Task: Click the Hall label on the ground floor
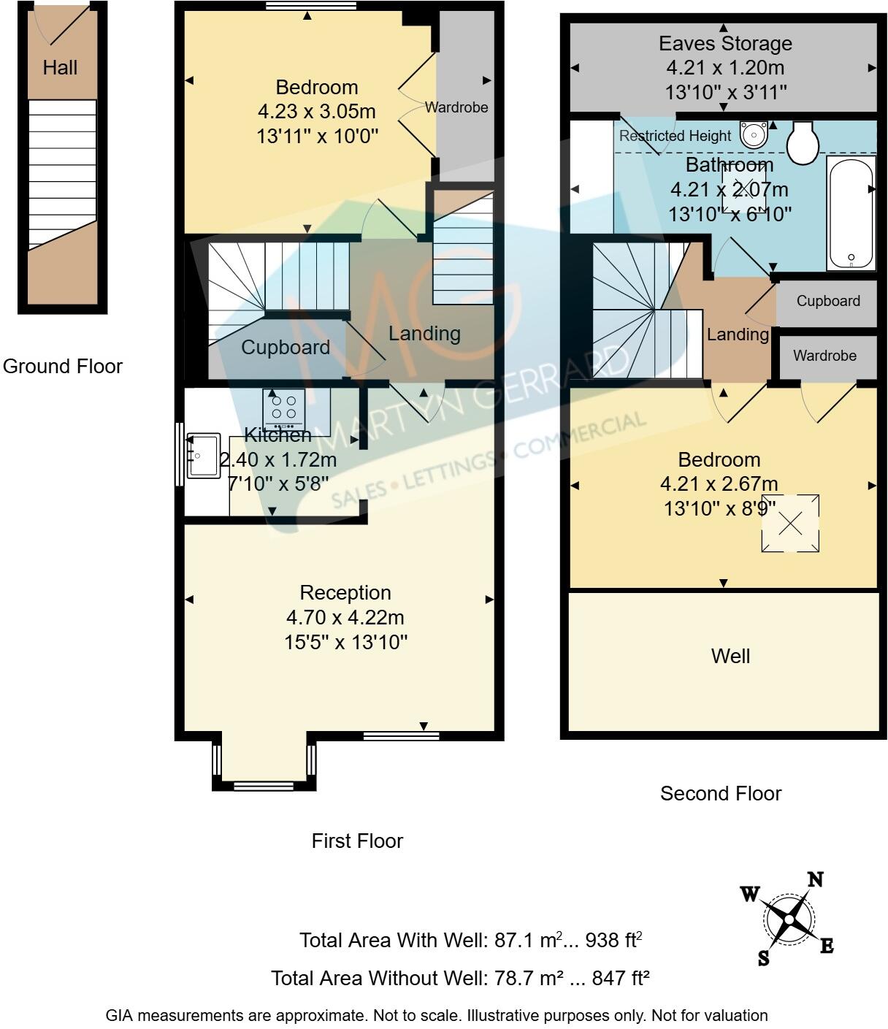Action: [x=60, y=68]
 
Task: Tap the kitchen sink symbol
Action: [x=204, y=456]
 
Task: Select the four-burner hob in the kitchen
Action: [x=284, y=408]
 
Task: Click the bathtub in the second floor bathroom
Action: [x=851, y=213]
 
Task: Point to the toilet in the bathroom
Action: [x=804, y=141]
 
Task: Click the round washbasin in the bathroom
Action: [x=753, y=134]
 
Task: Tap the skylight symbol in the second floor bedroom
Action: [x=790, y=524]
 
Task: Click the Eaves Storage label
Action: [x=725, y=43]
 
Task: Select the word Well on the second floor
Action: [x=730, y=656]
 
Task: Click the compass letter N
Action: [x=815, y=879]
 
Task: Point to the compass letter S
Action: [x=763, y=959]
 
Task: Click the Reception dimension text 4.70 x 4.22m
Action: [x=345, y=618]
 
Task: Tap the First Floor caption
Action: [x=357, y=841]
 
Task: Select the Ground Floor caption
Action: [x=63, y=366]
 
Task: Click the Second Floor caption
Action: [x=721, y=793]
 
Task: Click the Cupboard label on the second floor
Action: [x=828, y=301]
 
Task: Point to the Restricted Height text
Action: [x=675, y=136]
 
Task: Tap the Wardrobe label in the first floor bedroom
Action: [x=456, y=107]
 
